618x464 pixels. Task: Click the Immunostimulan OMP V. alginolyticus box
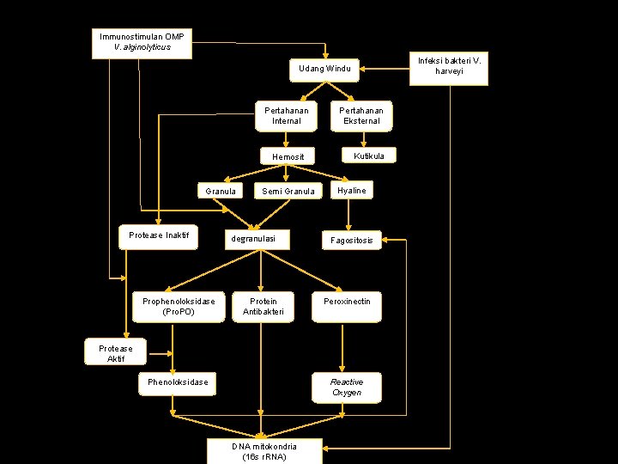(142, 42)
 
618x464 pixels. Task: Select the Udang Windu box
(324, 69)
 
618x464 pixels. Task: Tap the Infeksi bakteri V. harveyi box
(449, 66)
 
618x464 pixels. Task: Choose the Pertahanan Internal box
(286, 116)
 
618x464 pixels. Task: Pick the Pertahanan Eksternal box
(360, 116)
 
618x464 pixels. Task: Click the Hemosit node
(288, 157)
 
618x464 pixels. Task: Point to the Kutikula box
(368, 156)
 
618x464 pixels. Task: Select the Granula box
(221, 191)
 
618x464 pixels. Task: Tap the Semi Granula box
(288, 191)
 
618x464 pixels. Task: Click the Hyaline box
(351, 190)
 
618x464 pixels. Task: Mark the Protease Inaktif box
(158, 236)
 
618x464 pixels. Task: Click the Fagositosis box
(352, 241)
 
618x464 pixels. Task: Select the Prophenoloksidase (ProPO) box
(179, 307)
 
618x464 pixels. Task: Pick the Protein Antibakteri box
(264, 307)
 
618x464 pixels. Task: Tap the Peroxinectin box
(346, 307)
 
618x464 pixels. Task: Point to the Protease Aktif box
(116, 353)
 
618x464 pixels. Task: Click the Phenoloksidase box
(178, 382)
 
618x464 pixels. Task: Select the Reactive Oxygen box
(346, 388)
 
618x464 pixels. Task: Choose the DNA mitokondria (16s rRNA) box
(264, 451)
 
